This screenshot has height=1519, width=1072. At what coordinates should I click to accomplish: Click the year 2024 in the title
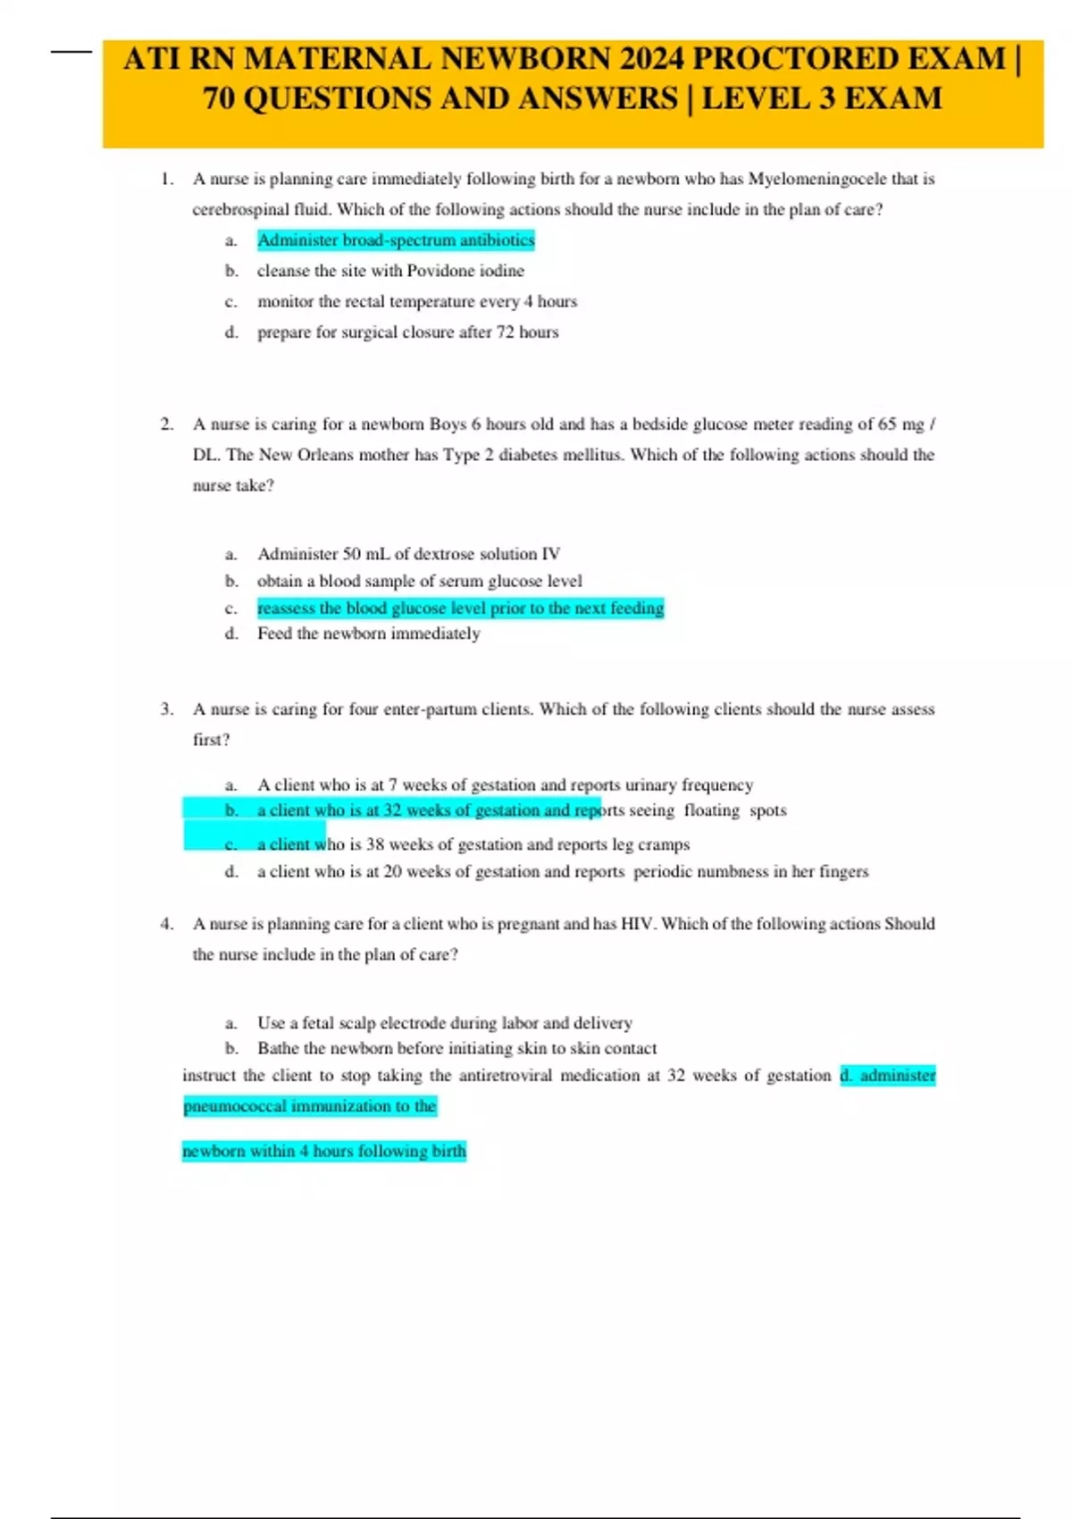point(651,59)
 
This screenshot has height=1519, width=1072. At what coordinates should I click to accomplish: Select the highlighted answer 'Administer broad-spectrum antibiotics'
point(396,240)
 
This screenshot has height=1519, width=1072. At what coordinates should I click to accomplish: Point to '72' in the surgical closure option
point(505,332)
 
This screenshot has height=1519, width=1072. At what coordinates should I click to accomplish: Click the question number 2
point(166,424)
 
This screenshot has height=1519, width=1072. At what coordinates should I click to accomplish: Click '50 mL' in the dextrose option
point(366,554)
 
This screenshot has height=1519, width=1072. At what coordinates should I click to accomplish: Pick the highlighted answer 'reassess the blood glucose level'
point(460,608)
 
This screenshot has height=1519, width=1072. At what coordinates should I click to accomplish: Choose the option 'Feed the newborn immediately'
point(368,634)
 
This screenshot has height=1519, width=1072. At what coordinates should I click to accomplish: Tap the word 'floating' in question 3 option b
point(712,810)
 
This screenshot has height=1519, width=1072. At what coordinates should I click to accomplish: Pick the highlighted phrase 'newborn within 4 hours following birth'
point(324,1151)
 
